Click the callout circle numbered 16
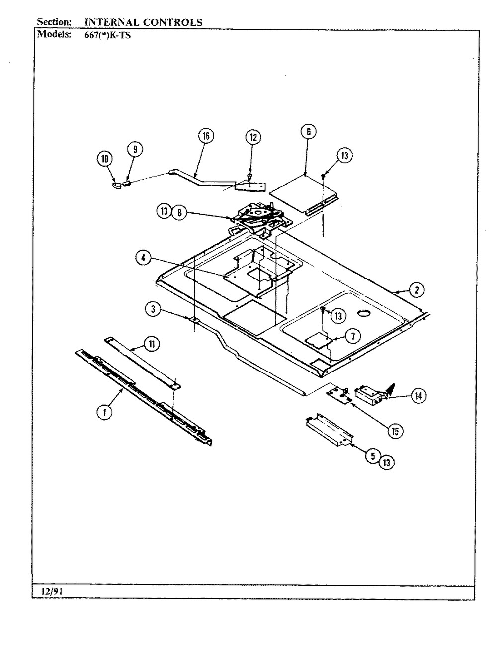pos(206,136)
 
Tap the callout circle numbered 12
pos(253,137)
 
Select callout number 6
pos(309,131)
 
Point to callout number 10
pos(105,159)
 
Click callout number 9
pos(135,149)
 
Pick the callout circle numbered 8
pos(179,212)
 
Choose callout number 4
pos(144,258)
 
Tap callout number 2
pos(416,290)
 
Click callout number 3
pos(153,309)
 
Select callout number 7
pos(353,336)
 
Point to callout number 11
pos(152,344)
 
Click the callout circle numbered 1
pos(104,412)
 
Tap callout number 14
pos(418,396)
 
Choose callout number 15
pos(395,431)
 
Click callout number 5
pos(373,455)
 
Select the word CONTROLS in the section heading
pos(173,22)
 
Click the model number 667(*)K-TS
pos(107,35)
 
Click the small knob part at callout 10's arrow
pos(116,186)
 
